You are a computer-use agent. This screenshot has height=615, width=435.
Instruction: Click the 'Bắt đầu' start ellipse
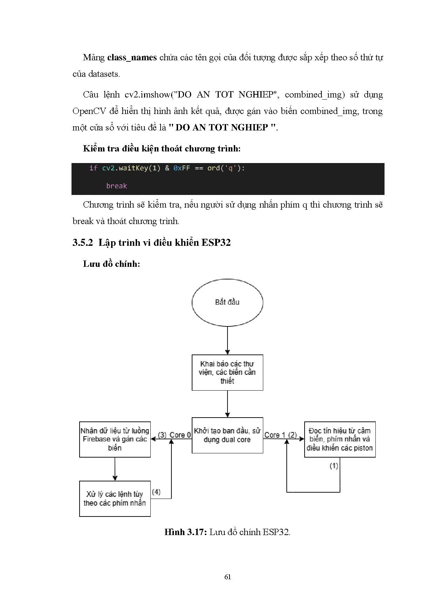pyautogui.click(x=227, y=302)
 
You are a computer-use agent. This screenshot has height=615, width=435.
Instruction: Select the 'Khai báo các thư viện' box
pyautogui.click(x=227, y=372)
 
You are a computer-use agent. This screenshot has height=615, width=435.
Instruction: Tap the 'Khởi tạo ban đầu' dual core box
pyautogui.click(x=227, y=435)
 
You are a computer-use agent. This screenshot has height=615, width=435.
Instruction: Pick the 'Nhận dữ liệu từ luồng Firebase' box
pyautogui.click(x=115, y=439)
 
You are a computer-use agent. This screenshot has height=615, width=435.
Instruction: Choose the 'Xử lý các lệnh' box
pyautogui.click(x=115, y=499)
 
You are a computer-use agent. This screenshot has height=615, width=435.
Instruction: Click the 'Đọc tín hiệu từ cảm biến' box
pyautogui.click(x=340, y=439)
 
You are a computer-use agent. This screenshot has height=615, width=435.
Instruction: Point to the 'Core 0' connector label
pyautogui.click(x=180, y=435)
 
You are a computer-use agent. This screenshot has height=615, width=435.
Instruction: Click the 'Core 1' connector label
pyautogui.click(x=272, y=435)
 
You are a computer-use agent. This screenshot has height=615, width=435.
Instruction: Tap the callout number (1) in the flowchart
pyautogui.click(x=334, y=466)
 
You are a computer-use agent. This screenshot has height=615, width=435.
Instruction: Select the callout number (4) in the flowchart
pyautogui.click(x=156, y=492)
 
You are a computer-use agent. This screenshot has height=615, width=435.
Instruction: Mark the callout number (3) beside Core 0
pyautogui.click(x=162, y=435)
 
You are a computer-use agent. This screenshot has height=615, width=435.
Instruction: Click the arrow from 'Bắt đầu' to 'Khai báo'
pyautogui.click(x=227, y=340)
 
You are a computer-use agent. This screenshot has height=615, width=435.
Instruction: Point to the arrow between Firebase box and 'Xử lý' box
pyautogui.click(x=115, y=469)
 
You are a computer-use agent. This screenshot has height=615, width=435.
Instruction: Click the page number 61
pyautogui.click(x=227, y=577)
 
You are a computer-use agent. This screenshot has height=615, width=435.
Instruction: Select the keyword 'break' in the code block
pyautogui.click(x=116, y=186)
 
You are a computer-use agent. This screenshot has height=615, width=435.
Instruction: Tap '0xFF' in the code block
pyautogui.click(x=182, y=168)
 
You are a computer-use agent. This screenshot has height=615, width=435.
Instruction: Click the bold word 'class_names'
pyautogui.click(x=132, y=58)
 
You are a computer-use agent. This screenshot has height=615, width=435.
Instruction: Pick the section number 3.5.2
pyautogui.click(x=83, y=243)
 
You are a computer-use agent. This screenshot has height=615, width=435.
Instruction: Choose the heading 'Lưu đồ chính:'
pyautogui.click(x=111, y=264)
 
